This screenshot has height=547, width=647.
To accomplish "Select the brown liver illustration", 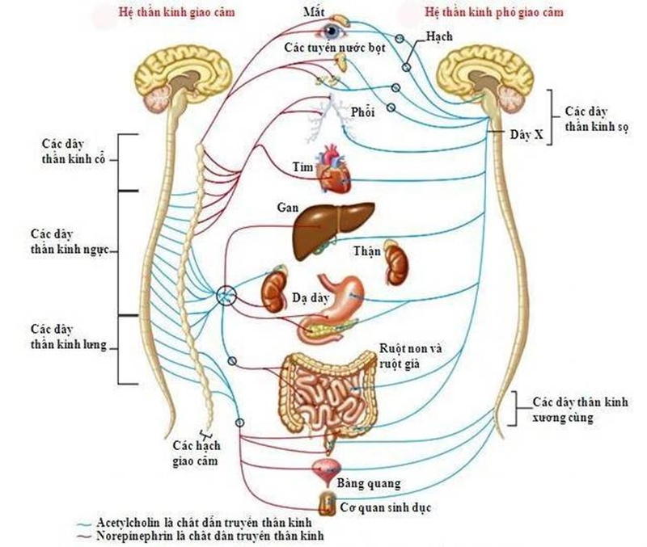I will [x=322, y=230].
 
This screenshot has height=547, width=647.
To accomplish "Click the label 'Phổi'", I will [x=363, y=112].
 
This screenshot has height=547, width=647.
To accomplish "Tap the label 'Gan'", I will [x=287, y=207].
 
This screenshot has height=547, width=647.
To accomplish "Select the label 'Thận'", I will [x=367, y=250].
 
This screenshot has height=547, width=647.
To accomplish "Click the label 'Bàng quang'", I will [x=369, y=484].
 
